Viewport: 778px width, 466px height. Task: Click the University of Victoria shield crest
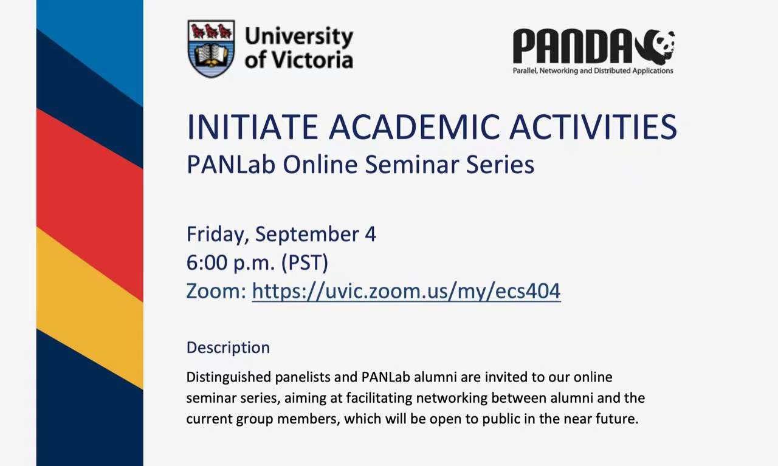click(211, 49)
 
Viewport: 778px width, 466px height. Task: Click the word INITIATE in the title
click(252, 127)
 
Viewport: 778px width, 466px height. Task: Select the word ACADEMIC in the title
click(415, 127)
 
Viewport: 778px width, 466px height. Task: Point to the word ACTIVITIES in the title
click(594, 127)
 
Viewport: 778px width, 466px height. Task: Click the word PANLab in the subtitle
click(231, 164)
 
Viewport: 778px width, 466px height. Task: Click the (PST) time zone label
click(305, 263)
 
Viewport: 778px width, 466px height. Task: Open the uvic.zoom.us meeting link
click(407, 291)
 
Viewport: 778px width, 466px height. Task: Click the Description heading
click(228, 348)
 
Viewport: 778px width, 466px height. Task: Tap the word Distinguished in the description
click(229, 377)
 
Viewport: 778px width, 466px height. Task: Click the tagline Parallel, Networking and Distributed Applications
click(593, 71)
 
